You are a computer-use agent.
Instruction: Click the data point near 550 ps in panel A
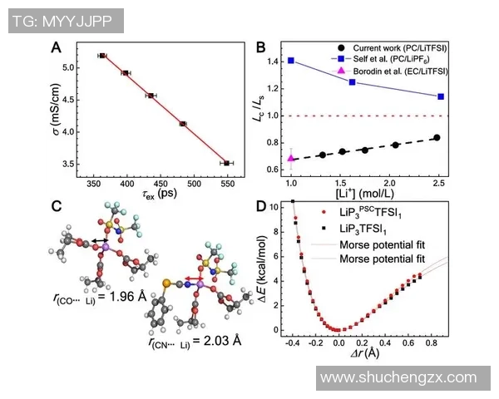[227, 163]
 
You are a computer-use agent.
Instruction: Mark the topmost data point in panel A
[102, 55]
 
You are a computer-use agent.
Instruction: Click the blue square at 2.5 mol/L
[440, 96]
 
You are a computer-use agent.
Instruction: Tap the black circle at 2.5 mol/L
[437, 138]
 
